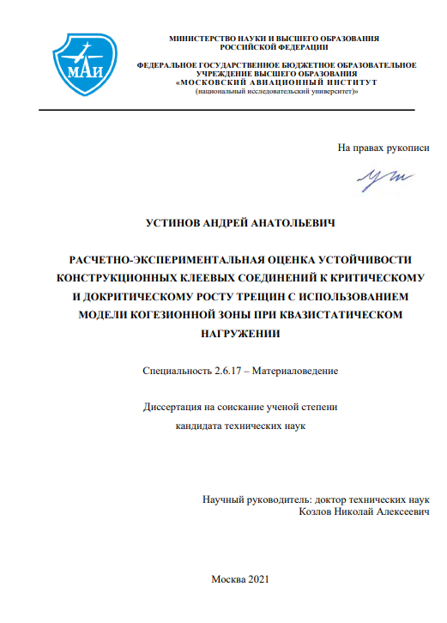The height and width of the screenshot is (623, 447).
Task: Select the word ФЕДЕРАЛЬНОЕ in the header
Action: click(x=168, y=65)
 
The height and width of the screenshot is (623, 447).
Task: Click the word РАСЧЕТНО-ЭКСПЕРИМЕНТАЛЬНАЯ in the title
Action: click(x=165, y=259)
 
